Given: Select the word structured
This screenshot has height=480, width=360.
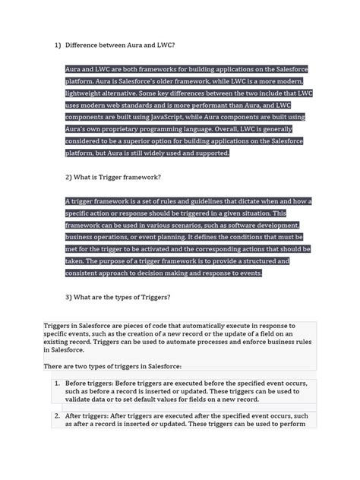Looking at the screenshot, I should click(x=258, y=261).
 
